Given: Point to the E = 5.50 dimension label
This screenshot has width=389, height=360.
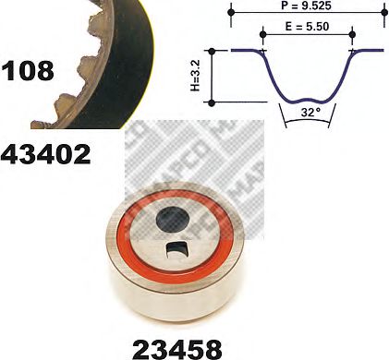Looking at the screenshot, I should [x=308, y=29].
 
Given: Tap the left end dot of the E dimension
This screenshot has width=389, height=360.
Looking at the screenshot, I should [x=264, y=37].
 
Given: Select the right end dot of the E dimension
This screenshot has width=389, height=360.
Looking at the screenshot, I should [x=352, y=37].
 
